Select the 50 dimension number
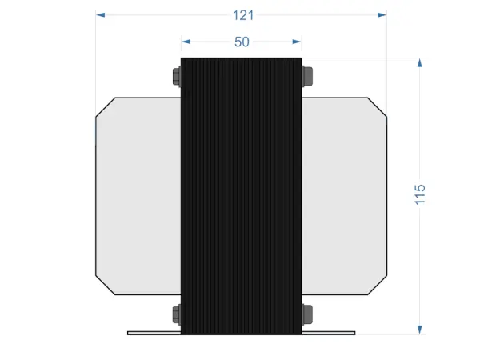coord(242,42)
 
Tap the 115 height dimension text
coord(420,194)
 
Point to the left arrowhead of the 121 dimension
coord(101,14)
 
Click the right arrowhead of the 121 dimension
coord(382,14)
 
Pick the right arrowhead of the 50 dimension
coord(297,42)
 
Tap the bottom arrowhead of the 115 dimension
coord(419,329)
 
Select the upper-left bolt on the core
coord(177,77)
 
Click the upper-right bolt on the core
coord(306,77)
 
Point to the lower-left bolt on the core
coord(177,313)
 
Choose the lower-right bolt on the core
coord(306,313)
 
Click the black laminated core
coord(242,196)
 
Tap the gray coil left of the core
coord(138,196)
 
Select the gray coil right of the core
coord(344,196)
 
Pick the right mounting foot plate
coord(329,332)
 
